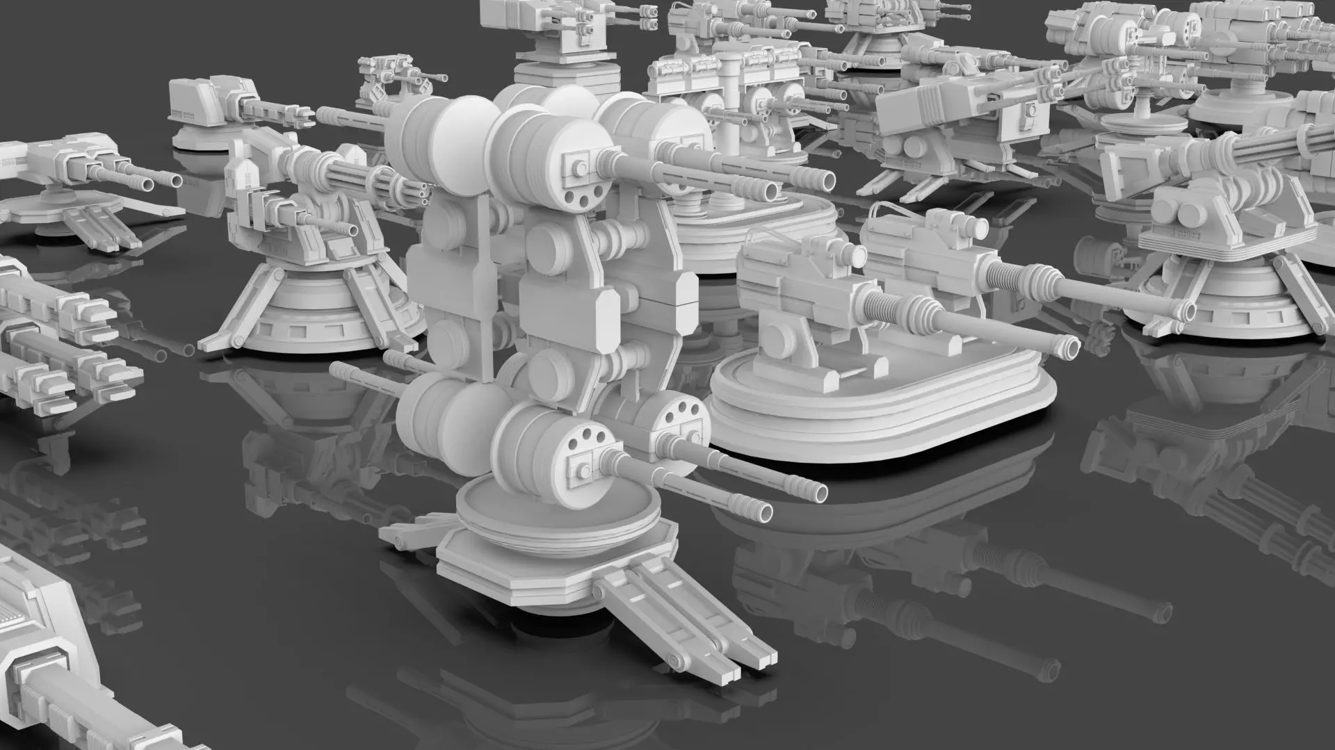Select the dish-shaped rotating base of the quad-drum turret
[x=556, y=514]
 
